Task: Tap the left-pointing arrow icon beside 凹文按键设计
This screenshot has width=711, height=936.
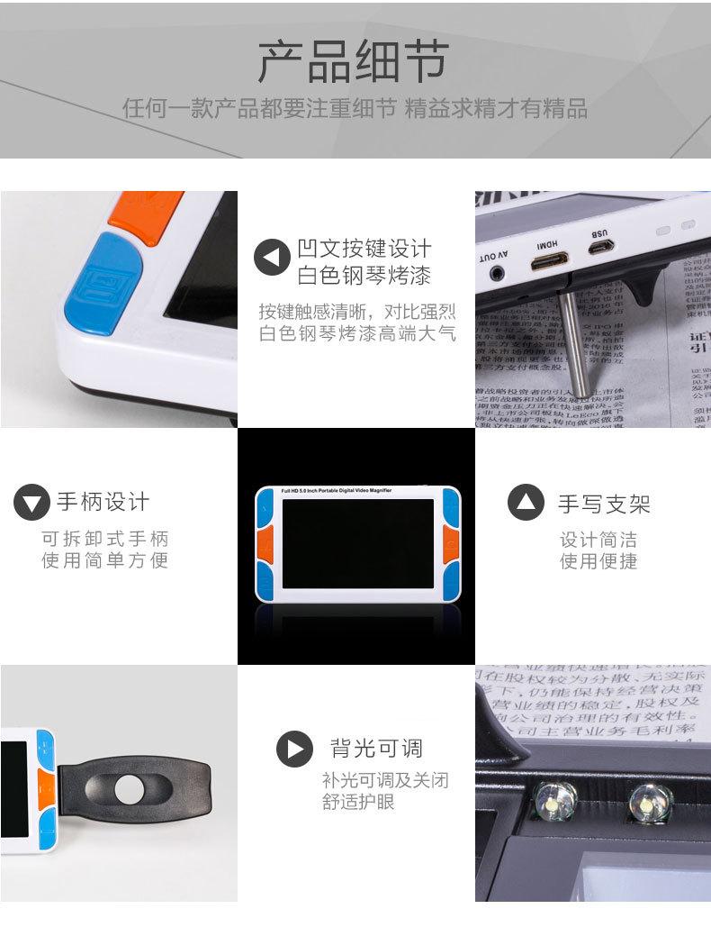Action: coord(272,259)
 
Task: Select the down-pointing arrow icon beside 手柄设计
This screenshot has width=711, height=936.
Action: coord(32,502)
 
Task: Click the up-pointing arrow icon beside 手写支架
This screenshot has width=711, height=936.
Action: coord(526,502)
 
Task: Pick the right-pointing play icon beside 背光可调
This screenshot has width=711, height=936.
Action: coord(294,748)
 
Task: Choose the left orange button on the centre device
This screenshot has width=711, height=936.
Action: coord(265,543)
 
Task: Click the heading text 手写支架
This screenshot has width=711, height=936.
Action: coord(603,503)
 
